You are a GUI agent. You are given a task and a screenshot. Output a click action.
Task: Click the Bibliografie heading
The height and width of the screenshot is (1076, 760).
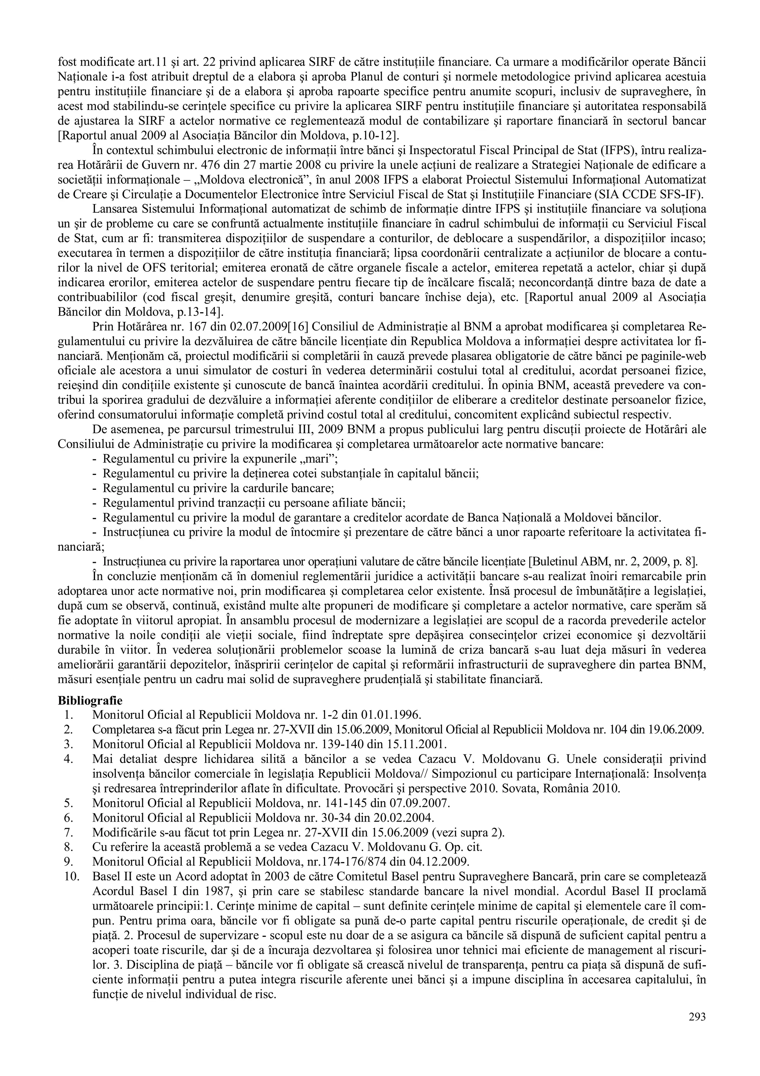tap(90, 701)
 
